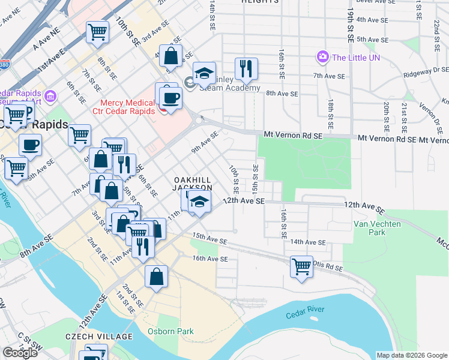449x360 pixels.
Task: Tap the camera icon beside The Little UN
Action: click(x=323, y=57)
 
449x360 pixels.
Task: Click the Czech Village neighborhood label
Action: click(x=100, y=336)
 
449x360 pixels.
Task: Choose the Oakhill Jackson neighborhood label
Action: click(x=194, y=184)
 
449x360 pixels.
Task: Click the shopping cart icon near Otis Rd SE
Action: click(x=301, y=266)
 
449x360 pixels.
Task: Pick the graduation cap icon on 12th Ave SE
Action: click(x=200, y=202)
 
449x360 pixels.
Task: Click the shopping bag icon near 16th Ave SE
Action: click(x=156, y=277)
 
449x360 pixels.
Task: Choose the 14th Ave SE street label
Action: click(x=308, y=242)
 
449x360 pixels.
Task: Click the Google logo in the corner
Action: click(x=20, y=353)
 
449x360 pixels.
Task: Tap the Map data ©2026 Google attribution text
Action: click(x=411, y=355)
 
